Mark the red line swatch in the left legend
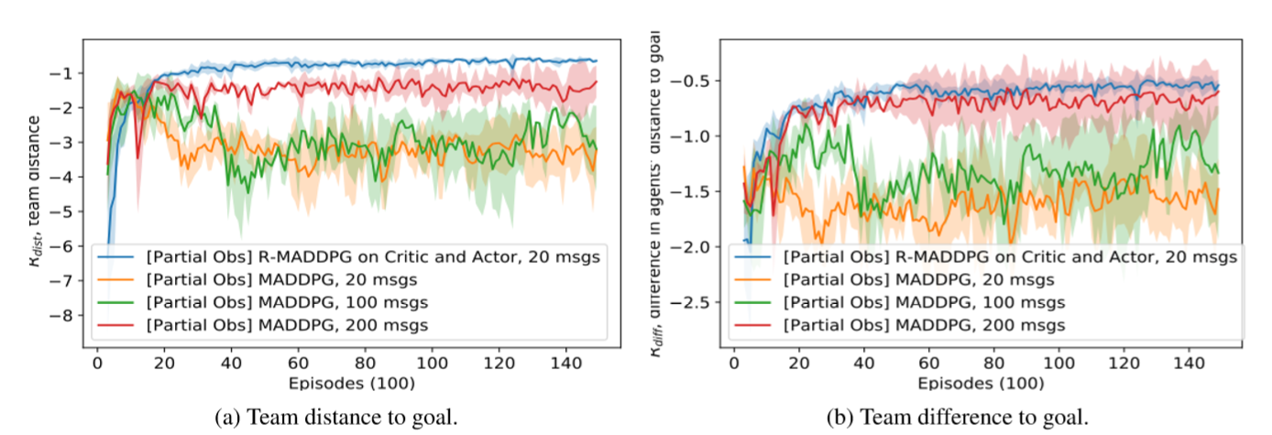click(x=118, y=324)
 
